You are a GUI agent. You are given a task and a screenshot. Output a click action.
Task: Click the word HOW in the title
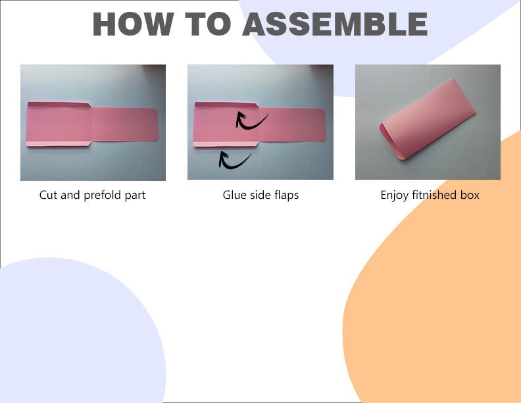(133, 24)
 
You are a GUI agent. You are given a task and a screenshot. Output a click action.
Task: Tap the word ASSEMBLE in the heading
(335, 24)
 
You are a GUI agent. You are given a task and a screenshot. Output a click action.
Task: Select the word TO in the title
(208, 24)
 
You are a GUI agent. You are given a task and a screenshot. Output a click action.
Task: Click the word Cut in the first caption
(49, 195)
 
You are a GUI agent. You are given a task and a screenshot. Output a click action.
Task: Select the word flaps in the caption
(286, 196)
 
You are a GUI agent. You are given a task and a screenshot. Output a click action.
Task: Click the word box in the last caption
(470, 195)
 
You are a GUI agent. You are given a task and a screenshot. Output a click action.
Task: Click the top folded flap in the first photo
(59, 105)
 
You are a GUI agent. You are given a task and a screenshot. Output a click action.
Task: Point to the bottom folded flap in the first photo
(59, 144)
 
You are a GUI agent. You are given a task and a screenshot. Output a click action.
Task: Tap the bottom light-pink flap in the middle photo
(226, 144)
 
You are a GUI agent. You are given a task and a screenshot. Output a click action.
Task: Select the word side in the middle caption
(260, 195)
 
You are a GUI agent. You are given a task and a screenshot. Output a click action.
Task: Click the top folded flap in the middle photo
(226, 105)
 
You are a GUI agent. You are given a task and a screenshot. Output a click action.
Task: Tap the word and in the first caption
(70, 195)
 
